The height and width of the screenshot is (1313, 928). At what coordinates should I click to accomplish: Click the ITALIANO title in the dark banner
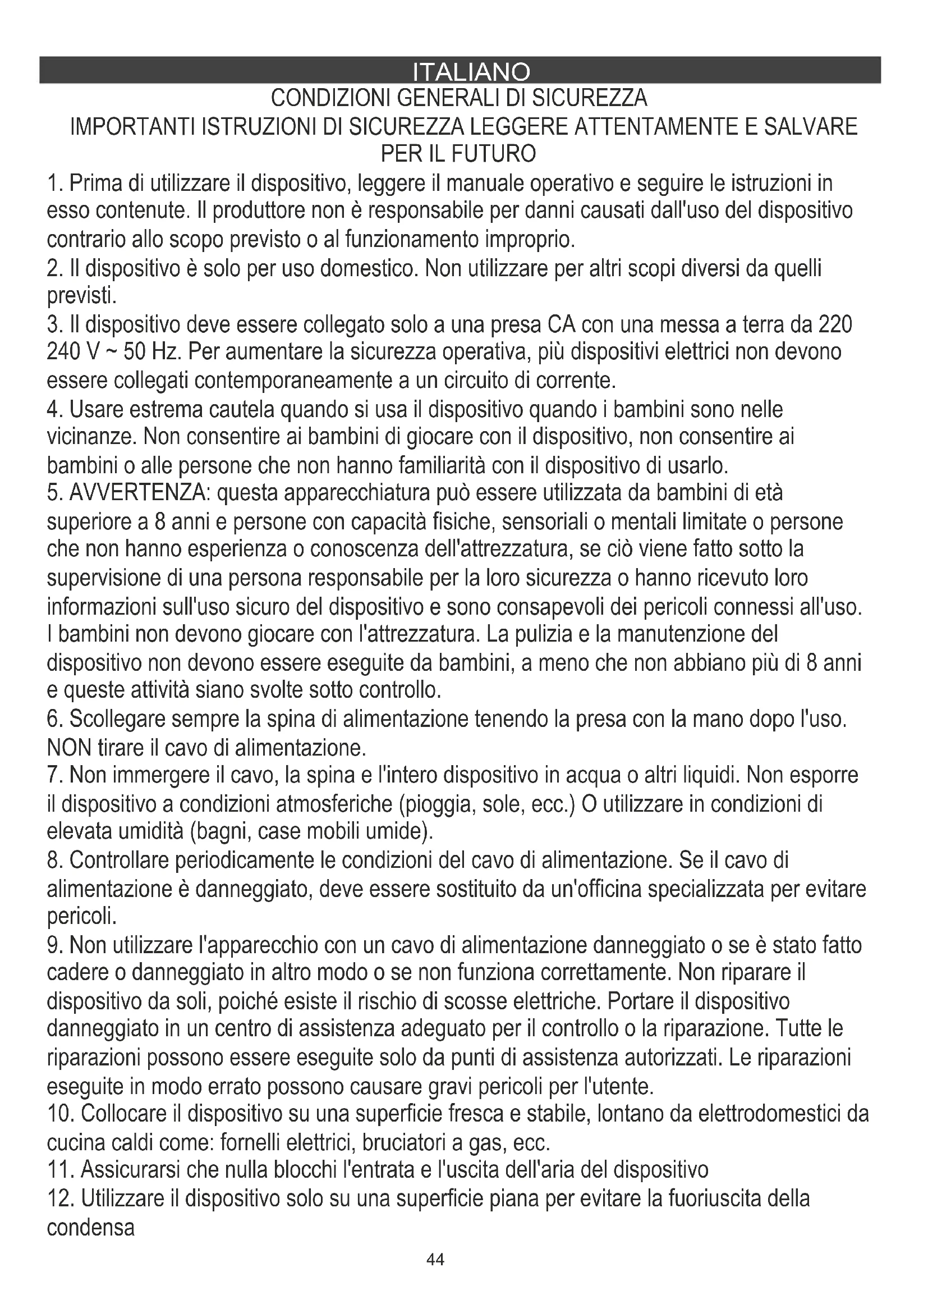tap(471, 72)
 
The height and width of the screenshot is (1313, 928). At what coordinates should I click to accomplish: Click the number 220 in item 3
tap(835, 324)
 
